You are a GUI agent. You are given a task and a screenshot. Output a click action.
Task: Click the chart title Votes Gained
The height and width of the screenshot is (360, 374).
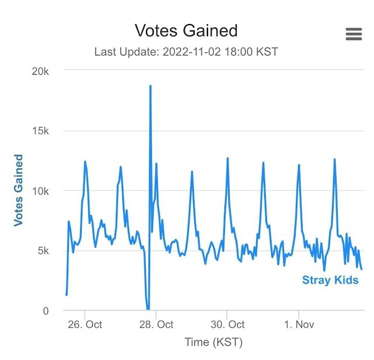coord(186,30)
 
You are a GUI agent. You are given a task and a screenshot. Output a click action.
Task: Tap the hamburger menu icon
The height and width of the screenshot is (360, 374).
coord(354,34)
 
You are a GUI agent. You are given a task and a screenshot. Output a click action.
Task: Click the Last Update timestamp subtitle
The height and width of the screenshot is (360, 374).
coord(186,52)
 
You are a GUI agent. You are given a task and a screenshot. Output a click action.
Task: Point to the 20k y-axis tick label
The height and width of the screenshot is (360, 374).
coord(40,71)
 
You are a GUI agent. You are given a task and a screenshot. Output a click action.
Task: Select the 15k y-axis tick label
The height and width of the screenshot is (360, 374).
coord(40,131)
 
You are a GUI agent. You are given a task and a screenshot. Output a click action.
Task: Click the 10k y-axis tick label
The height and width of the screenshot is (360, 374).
coord(40,191)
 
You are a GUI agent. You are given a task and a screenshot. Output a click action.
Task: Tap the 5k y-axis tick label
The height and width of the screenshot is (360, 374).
coord(43,251)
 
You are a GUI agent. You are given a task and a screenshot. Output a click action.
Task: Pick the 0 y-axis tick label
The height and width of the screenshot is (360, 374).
coord(46,311)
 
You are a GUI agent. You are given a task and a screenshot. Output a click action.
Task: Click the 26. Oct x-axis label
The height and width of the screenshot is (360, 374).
coord(85,324)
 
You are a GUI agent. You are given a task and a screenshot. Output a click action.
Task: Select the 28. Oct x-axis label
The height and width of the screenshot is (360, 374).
coord(156,324)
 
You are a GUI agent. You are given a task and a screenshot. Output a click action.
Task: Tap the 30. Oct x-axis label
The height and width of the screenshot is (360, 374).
coord(227,324)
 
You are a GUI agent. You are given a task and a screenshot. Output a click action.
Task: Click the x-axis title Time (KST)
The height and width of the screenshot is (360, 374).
coord(213,342)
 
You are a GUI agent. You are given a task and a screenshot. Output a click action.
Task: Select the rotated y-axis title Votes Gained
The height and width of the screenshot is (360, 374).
coord(19,191)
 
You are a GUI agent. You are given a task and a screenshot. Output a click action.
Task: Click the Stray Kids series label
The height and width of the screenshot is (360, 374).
coord(330,281)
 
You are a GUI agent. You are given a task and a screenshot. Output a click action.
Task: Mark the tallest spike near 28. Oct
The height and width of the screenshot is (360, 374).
coord(150,86)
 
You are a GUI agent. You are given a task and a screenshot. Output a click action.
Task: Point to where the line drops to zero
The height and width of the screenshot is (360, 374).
coord(148,309)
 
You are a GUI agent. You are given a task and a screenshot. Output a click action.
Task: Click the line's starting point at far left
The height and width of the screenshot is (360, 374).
coord(67,295)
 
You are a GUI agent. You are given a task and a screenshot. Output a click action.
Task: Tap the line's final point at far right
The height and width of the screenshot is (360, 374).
coord(362,269)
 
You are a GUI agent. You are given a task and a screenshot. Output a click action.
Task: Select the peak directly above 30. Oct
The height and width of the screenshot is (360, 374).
coord(227,158)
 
